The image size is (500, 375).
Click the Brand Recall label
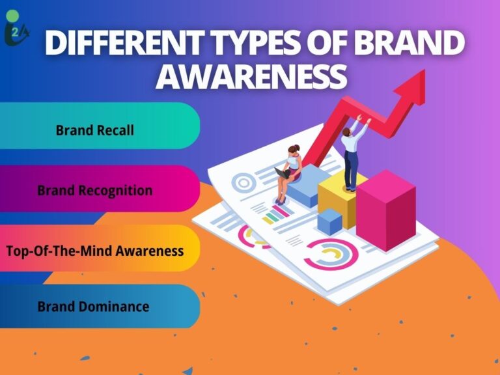click(x=94, y=130)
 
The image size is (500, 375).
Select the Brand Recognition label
click(x=94, y=191)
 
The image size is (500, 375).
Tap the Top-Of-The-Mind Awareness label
click(x=94, y=250)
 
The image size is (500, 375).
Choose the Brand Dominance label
click(x=93, y=306)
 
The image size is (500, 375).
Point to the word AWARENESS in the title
click(x=251, y=76)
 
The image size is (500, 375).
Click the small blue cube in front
click(x=330, y=221)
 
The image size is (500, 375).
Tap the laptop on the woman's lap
click(x=281, y=173)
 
